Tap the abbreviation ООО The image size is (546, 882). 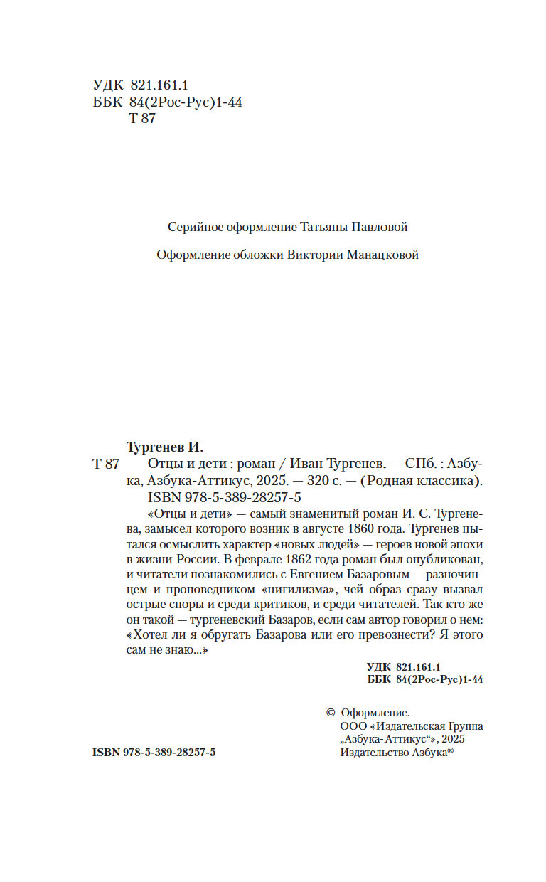point(354,727)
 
